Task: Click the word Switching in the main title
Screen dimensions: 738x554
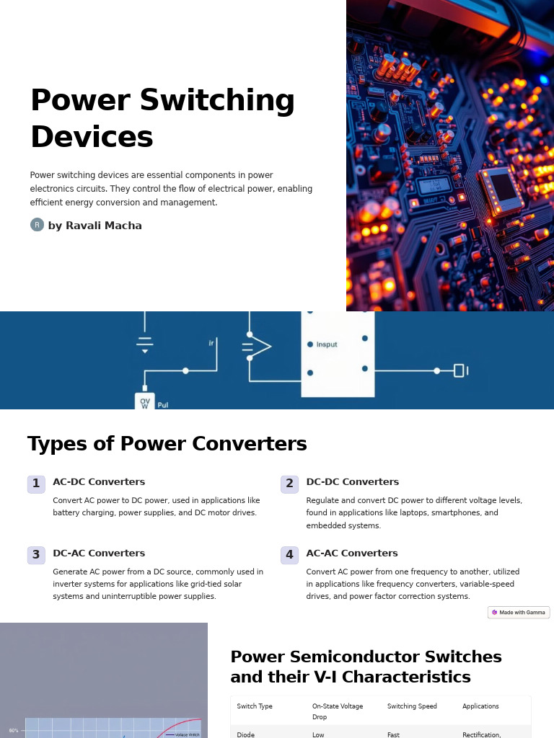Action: (x=218, y=102)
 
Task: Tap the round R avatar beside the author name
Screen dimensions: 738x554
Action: (x=37, y=225)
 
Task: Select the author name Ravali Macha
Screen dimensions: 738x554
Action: (x=104, y=226)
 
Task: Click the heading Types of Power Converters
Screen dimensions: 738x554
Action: (x=167, y=444)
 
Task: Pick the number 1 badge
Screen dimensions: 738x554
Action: (x=36, y=484)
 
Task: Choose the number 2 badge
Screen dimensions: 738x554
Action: (x=289, y=484)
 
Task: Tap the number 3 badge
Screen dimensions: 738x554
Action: (x=36, y=555)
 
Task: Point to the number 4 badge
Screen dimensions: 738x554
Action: (x=289, y=555)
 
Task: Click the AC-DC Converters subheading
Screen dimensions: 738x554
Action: (x=99, y=482)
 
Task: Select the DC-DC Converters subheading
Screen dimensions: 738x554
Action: (x=352, y=482)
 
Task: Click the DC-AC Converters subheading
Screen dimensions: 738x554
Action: (x=99, y=553)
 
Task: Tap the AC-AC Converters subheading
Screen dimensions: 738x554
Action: (x=352, y=553)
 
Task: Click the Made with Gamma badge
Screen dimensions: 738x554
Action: (x=519, y=613)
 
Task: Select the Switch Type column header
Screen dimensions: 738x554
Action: (x=255, y=706)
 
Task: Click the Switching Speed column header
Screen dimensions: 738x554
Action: (x=411, y=706)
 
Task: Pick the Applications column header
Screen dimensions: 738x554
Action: (x=480, y=706)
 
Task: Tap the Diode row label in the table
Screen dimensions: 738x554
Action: (x=246, y=734)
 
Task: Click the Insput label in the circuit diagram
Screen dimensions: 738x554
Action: (x=327, y=344)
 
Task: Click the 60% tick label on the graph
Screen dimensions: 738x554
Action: (x=14, y=730)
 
